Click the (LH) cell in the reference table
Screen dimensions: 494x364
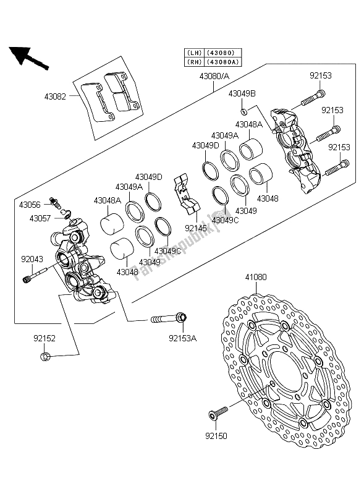pos(193,53)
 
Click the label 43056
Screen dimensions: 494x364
pos(30,204)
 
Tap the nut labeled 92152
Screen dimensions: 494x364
pos(44,356)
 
